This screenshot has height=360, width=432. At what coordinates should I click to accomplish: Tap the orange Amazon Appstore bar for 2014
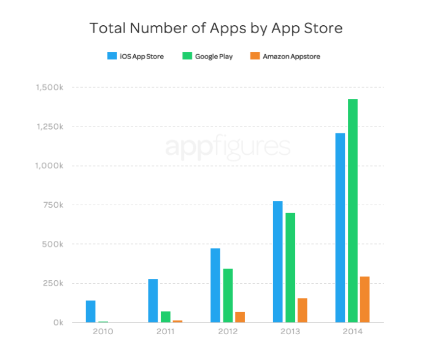pyautogui.click(x=364, y=299)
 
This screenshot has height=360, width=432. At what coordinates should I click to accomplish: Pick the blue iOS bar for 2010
pyautogui.click(x=91, y=311)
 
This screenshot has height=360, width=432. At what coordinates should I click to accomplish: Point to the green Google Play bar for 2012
pyautogui.click(x=228, y=295)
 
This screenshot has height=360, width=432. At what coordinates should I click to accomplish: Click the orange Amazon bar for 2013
pyautogui.click(x=303, y=310)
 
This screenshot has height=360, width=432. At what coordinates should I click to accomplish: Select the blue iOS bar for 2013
pyautogui.click(x=277, y=262)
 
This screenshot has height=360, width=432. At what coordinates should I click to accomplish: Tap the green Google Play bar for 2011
pyautogui.click(x=166, y=317)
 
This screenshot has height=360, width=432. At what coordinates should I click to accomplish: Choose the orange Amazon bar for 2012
pyautogui.click(x=240, y=317)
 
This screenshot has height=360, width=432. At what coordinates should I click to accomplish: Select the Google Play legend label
pyautogui.click(x=214, y=57)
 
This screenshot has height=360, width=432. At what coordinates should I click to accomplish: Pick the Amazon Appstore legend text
pyautogui.click(x=291, y=57)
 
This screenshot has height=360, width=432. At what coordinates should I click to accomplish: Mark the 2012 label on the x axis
pyautogui.click(x=228, y=332)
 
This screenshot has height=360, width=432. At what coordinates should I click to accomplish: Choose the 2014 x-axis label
pyautogui.click(x=352, y=332)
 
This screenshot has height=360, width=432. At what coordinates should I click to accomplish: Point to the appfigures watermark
pyautogui.click(x=227, y=147)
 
